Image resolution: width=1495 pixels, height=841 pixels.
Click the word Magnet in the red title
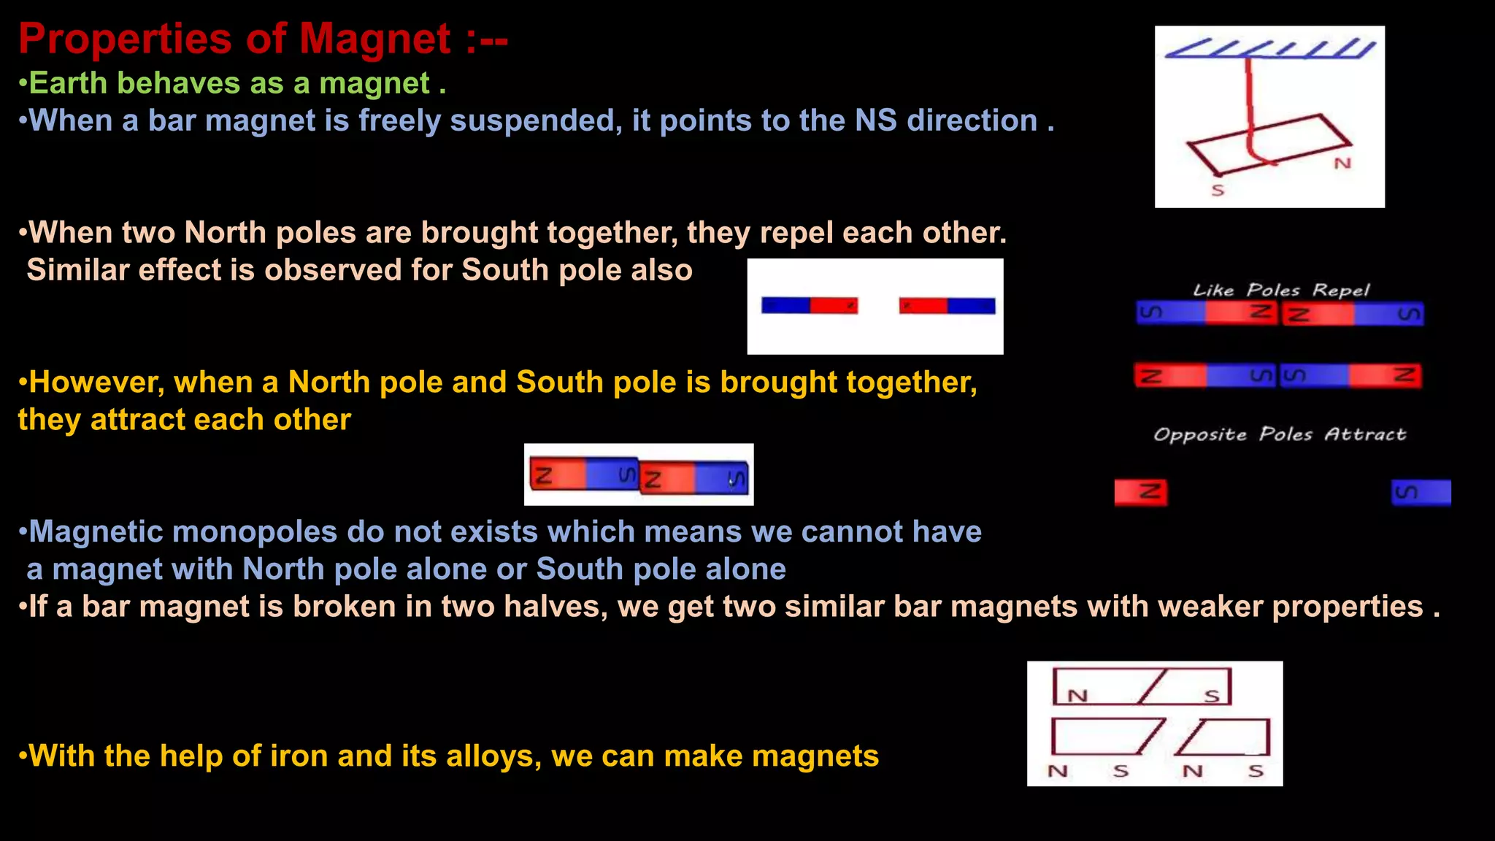click(x=374, y=39)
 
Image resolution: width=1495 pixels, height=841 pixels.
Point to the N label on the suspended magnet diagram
click(x=1342, y=164)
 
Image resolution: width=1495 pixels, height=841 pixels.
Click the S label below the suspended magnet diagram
click(x=1218, y=191)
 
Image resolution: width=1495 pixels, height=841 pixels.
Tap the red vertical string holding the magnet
click(x=1249, y=102)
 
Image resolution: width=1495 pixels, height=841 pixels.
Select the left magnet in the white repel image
click(x=809, y=305)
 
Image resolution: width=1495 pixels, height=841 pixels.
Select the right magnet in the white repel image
click(x=947, y=305)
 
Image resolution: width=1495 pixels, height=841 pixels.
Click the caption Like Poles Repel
click(x=1280, y=290)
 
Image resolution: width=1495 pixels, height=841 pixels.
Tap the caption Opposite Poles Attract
click(x=1279, y=434)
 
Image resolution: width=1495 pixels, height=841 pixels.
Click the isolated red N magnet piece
click(x=1140, y=492)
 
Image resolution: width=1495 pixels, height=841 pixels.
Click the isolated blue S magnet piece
click(x=1421, y=492)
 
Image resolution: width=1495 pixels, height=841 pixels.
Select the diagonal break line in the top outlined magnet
click(x=1153, y=686)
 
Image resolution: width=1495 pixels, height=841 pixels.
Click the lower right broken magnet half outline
click(x=1226, y=737)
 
